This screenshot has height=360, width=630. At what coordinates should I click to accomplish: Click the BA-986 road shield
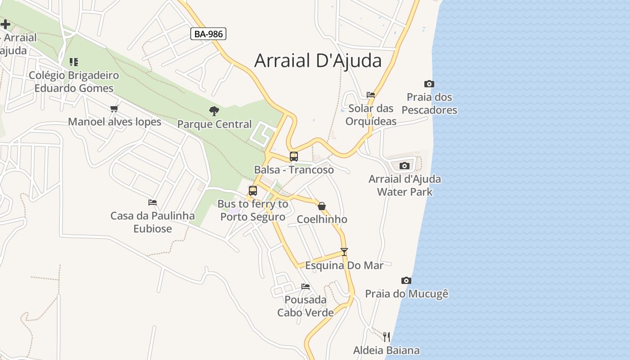point(208,34)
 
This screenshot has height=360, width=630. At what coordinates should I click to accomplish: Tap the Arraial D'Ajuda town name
point(318,60)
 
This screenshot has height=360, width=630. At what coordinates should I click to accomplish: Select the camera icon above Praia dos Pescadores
point(429,84)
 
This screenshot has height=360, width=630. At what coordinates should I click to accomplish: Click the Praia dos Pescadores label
point(429,103)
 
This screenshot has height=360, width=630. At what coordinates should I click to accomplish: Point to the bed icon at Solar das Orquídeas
point(371,95)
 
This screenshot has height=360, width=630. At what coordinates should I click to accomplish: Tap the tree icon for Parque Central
point(214,111)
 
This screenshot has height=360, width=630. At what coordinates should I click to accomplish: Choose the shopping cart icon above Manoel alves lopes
point(114,108)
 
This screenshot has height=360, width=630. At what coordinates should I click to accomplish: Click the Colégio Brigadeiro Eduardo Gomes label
point(74,81)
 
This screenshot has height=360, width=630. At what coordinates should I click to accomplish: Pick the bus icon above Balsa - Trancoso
point(294,157)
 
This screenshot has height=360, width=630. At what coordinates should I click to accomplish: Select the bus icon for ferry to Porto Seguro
point(253,191)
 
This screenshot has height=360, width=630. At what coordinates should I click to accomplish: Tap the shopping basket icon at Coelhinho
point(322,206)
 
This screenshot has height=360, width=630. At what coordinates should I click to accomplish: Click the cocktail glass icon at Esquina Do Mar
point(344,252)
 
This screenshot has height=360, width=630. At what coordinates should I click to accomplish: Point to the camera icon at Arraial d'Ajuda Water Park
point(405,166)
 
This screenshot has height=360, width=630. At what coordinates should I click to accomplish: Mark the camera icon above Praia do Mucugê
point(406,281)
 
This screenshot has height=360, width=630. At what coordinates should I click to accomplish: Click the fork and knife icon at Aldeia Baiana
point(386,337)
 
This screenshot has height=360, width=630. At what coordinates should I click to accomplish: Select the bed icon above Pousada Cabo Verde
point(306,287)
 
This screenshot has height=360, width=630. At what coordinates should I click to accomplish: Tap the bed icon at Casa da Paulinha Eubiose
point(153,202)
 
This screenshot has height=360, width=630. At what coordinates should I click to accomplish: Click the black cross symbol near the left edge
point(5,24)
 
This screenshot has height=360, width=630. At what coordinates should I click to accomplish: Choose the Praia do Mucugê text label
point(407,294)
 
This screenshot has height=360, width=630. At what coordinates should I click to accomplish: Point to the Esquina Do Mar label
point(344,265)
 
